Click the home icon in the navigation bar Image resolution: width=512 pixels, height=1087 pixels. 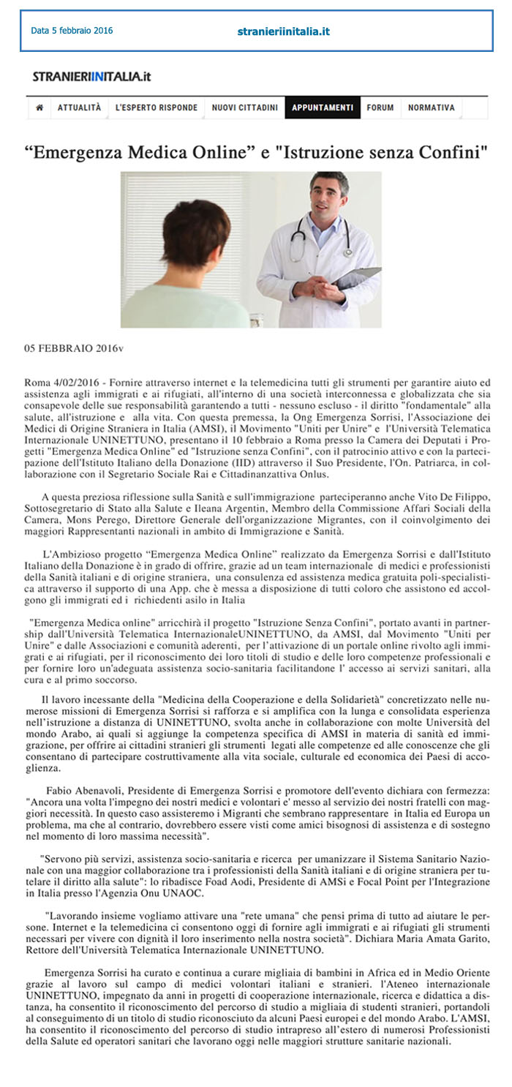point(39,108)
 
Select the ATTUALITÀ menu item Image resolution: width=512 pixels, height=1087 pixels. point(80,108)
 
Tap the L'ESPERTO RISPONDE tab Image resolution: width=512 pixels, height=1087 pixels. point(157,108)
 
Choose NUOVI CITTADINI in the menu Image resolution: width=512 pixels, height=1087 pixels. point(245,108)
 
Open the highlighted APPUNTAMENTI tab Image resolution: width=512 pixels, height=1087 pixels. point(323,108)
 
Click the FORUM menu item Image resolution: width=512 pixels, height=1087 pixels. point(380,108)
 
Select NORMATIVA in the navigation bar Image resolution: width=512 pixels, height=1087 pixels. point(432,108)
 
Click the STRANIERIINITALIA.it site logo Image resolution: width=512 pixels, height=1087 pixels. point(91,76)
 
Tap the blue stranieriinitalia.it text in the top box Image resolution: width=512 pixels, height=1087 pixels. point(284,31)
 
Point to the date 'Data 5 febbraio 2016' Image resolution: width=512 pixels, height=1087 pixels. point(72,31)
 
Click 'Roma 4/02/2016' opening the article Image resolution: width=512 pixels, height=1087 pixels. point(61,383)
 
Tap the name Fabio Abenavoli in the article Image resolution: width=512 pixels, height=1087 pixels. point(82,791)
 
